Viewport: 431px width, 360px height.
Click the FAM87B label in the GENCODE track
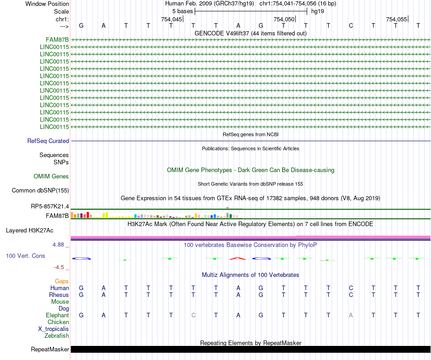tap(57, 39)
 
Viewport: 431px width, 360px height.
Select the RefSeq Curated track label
tap(48, 141)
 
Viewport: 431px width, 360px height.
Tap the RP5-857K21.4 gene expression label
tap(50, 207)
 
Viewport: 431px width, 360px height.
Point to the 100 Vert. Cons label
tap(25, 256)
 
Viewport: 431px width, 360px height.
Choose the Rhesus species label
tap(59, 295)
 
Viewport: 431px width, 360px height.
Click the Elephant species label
tap(57, 315)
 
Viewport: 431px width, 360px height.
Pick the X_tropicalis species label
tap(54, 329)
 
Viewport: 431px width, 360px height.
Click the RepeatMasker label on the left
tap(50, 350)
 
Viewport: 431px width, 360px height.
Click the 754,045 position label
tap(172, 20)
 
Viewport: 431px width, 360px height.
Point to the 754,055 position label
tap(397, 20)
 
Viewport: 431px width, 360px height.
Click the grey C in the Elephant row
tap(194, 315)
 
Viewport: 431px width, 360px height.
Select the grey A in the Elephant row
tap(351, 315)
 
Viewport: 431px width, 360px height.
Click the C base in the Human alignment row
tap(351, 288)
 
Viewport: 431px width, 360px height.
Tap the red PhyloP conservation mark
tap(238, 258)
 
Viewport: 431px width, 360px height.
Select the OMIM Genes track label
tap(51, 176)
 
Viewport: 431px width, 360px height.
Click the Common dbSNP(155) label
tap(40, 191)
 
